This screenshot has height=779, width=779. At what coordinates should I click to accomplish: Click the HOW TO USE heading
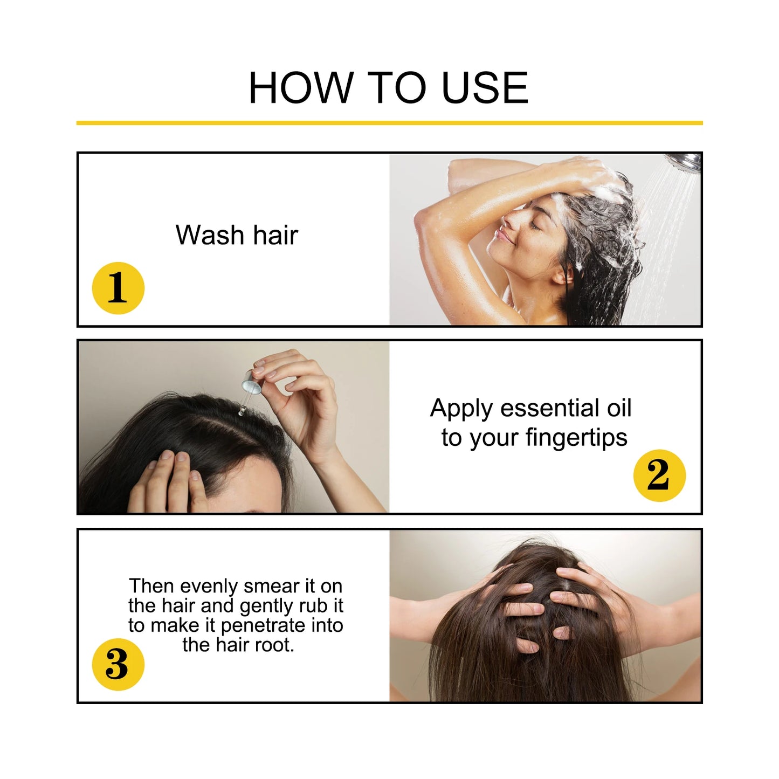coord(388,88)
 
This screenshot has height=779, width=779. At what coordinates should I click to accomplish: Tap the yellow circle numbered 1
coord(118,288)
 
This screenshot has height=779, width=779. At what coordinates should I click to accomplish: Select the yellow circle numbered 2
coord(659,475)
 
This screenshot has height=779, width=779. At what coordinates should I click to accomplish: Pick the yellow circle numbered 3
coord(118,664)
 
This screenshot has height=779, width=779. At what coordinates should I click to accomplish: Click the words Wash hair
coord(237,235)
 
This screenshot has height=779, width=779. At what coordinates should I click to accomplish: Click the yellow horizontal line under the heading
coord(389,123)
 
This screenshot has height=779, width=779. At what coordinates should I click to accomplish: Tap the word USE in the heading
coord(484,88)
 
